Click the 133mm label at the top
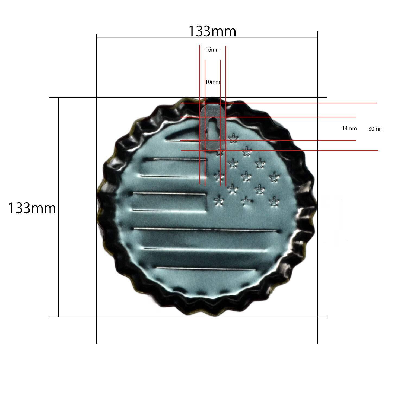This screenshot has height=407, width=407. click(x=212, y=31)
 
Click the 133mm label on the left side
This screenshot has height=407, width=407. click(x=32, y=208)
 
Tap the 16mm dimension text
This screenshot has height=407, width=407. click(x=213, y=50)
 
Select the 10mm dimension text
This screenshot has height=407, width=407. click(x=212, y=82)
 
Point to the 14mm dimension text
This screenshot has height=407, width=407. click(x=349, y=129)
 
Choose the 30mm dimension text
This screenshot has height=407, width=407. click(x=376, y=129)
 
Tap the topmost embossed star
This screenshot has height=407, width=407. click(x=233, y=138)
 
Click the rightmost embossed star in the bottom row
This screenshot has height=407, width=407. click(x=274, y=201)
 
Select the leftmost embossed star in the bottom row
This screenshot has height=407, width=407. click(x=218, y=201)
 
